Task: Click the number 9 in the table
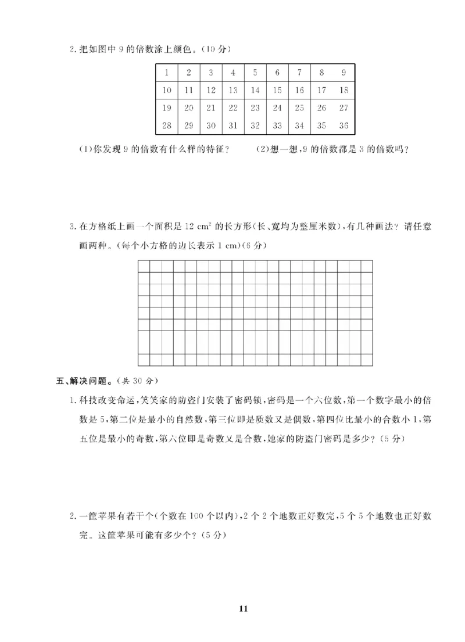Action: (344, 73)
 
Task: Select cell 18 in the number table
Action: (343, 90)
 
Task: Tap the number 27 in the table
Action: (343, 107)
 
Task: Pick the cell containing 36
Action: (343, 125)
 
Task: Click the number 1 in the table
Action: (167, 73)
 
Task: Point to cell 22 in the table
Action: (233, 107)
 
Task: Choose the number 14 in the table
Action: (255, 90)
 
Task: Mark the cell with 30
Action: (211, 125)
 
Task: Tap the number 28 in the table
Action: (167, 125)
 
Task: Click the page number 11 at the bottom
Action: (244, 609)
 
